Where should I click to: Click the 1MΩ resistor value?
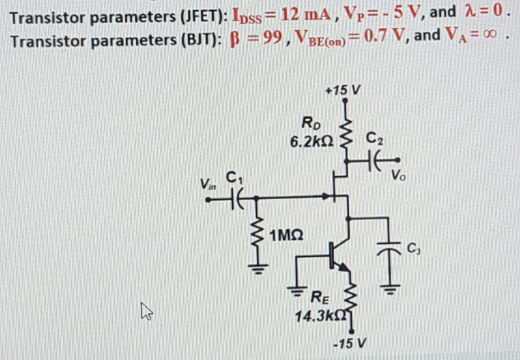pyautogui.click(x=286, y=236)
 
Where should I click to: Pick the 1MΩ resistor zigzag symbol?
pyautogui.click(x=255, y=240)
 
